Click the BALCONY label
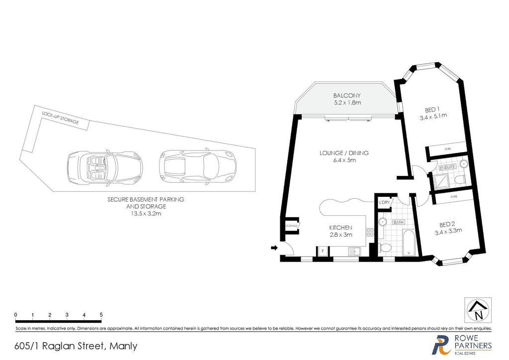[346, 95]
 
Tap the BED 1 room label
[432, 109]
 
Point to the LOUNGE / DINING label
[344, 153]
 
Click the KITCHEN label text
[340, 227]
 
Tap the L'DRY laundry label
[384, 202]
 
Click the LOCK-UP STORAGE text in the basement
[60, 118]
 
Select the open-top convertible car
[104, 168]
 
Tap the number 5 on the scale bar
[101, 315]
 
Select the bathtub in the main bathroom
[406, 244]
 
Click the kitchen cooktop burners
[369, 232]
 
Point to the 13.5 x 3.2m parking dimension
[146, 213]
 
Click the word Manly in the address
[123, 346]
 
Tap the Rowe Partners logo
[462, 345]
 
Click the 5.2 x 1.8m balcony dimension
[346, 102]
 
